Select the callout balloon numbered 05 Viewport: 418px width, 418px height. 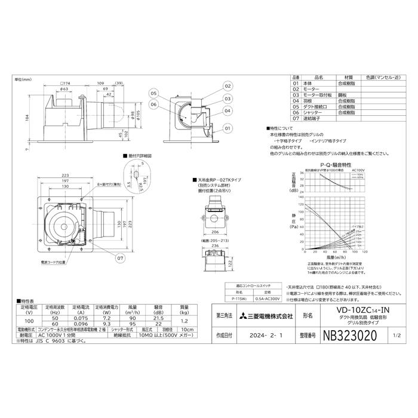pyautogui.click(x=153, y=94)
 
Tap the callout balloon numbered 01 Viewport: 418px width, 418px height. pyautogui.click(x=228, y=128)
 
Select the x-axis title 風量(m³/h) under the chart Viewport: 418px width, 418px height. pyautogui.click(x=339, y=274)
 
